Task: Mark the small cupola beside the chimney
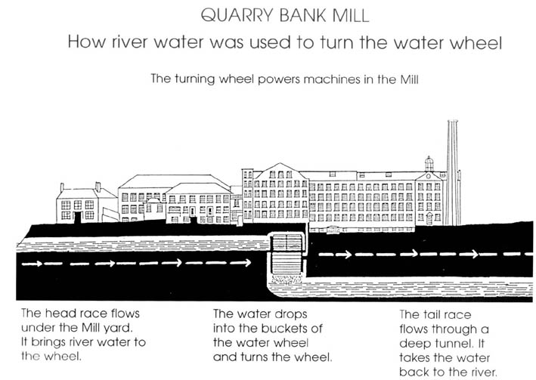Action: (x=429, y=163)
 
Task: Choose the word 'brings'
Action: (x=50, y=341)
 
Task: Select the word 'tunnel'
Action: (x=456, y=341)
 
